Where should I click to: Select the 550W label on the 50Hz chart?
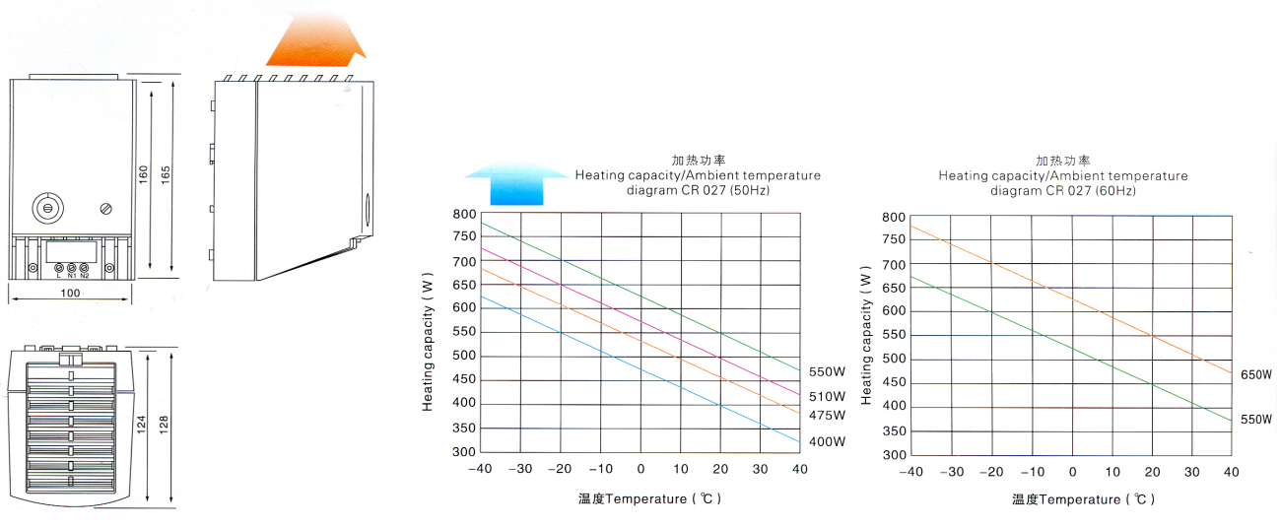[827, 372]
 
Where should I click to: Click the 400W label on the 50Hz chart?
[827, 442]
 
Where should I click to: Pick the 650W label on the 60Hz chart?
[1255, 374]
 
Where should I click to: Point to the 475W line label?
[827, 415]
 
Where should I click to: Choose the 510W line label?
[827, 396]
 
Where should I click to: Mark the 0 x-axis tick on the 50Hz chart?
[640, 470]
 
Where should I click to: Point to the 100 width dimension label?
[69, 294]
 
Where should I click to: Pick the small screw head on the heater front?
[106, 208]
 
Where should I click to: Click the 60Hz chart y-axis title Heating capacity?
[867, 334]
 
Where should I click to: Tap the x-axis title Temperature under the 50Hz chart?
[650, 498]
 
